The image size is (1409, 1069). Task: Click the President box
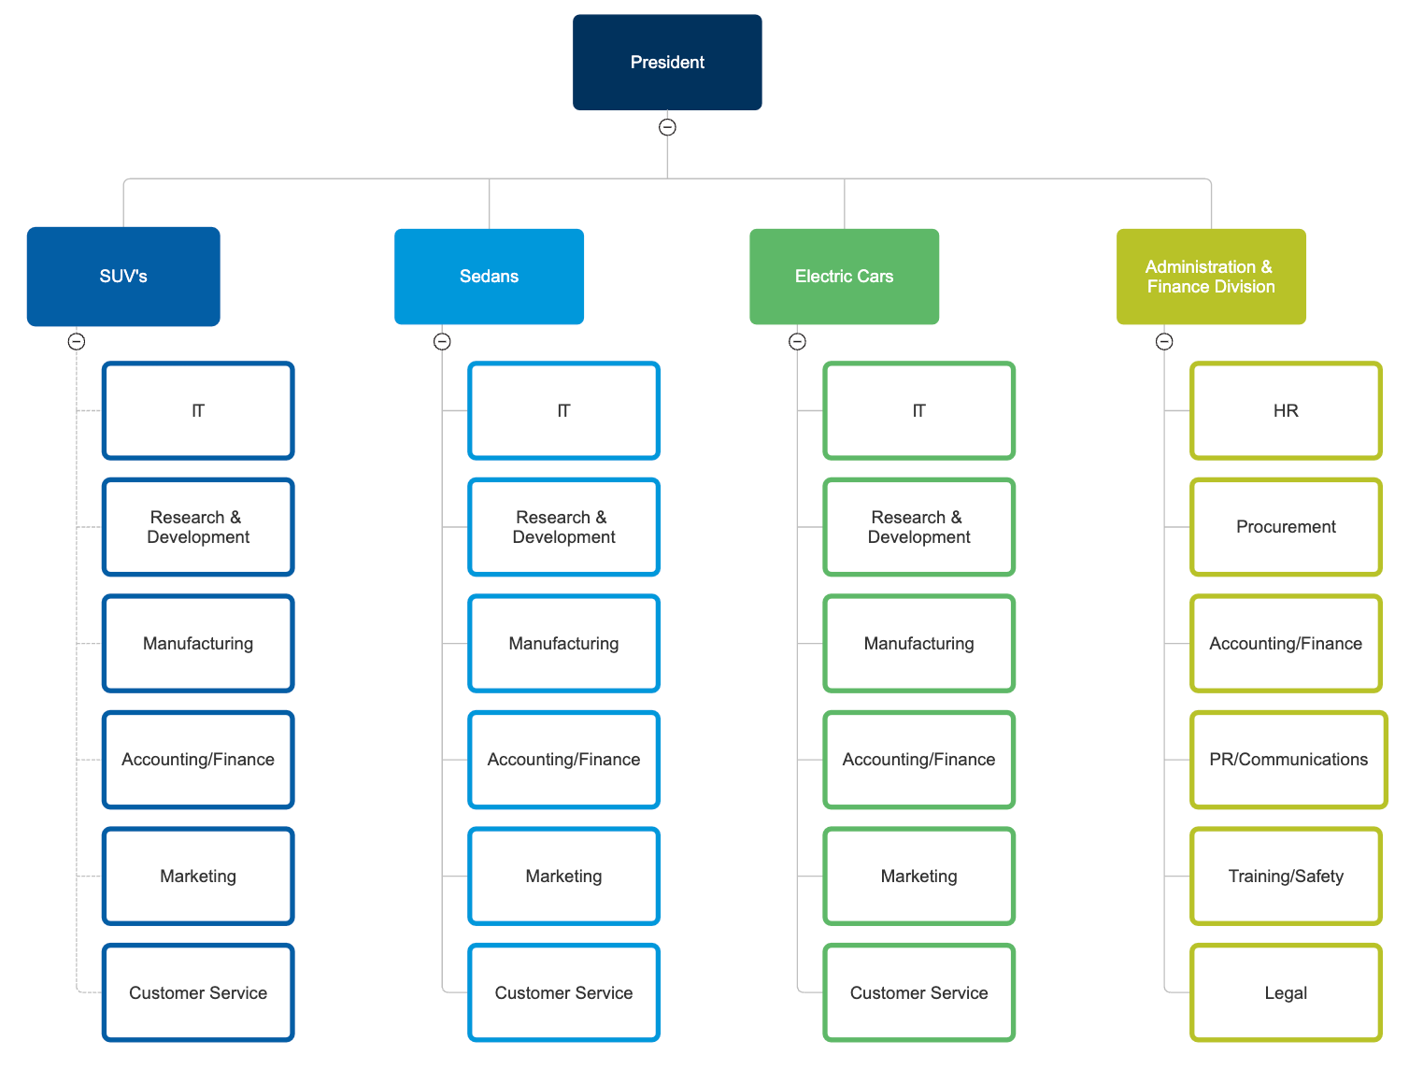(667, 63)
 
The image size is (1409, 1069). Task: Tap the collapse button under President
(667, 127)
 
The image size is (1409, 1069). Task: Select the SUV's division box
(123, 277)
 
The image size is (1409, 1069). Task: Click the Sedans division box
(489, 277)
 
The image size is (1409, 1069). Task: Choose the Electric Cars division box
(844, 277)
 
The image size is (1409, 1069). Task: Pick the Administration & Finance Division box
(1211, 277)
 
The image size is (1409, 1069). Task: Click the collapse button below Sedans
(442, 342)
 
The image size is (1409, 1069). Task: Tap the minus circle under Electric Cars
(797, 342)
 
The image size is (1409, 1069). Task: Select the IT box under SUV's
(198, 411)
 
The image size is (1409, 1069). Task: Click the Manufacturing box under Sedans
(563, 644)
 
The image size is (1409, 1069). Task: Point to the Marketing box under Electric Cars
(918, 877)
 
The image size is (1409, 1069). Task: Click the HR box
(1286, 411)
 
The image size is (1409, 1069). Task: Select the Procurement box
(1286, 527)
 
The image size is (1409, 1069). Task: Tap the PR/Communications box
(1288, 760)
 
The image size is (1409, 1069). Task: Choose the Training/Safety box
(1286, 877)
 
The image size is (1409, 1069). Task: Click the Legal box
(1286, 992)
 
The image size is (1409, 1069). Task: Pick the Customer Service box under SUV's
(198, 992)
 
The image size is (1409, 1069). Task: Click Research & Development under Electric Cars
(918, 527)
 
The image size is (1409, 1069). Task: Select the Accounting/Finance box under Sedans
(563, 760)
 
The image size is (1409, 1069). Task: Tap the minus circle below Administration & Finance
(1164, 342)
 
